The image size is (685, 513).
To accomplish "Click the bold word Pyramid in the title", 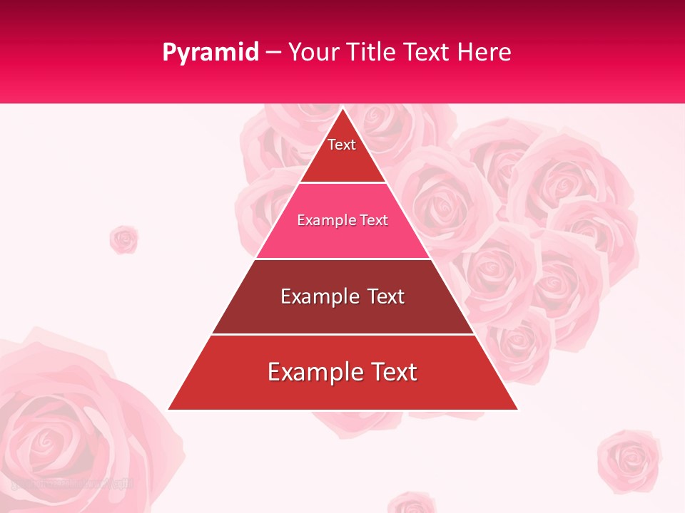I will [210, 53].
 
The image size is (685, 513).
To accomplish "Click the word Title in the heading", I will [370, 52].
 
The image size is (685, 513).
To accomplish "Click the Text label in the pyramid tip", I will [342, 145].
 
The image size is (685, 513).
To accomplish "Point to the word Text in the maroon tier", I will [383, 296].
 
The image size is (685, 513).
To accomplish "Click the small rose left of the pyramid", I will [123, 239].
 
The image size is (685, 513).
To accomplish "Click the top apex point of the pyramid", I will [342, 108].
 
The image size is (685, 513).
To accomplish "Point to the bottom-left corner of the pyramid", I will [169, 409].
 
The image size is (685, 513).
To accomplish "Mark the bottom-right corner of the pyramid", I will [517, 409].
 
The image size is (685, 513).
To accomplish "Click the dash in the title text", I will [273, 53].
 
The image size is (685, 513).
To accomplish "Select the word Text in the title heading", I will [426, 52].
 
